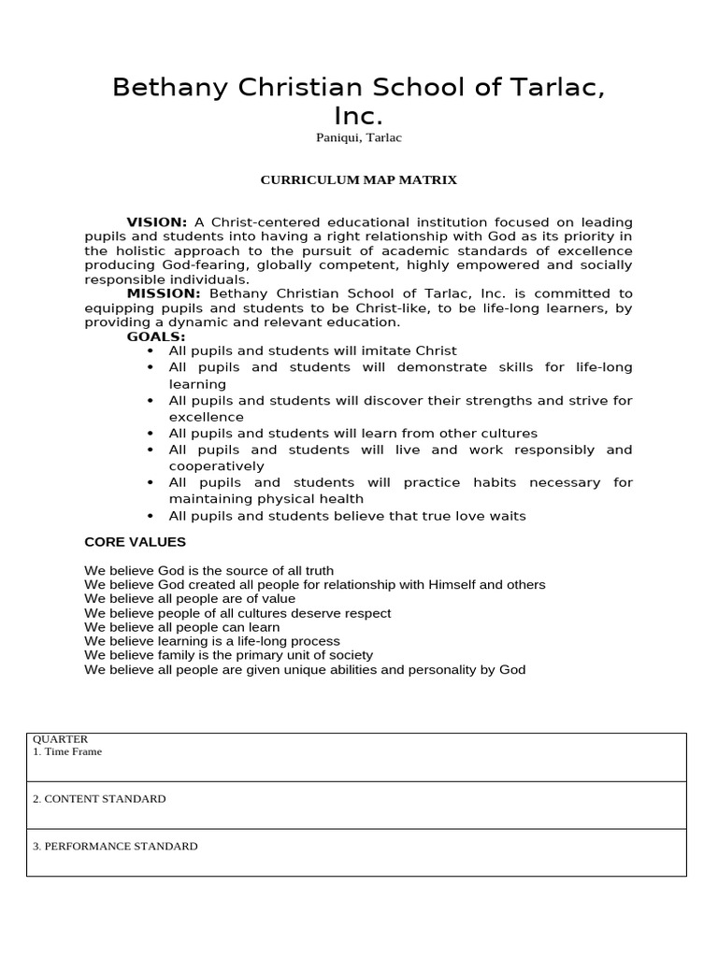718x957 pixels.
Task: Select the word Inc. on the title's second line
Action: click(x=358, y=117)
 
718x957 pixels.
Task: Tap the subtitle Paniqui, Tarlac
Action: click(x=358, y=138)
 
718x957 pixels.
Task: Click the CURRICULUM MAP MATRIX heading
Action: click(x=358, y=179)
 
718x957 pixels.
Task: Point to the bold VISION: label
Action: click(x=157, y=221)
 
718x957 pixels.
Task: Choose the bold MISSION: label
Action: click(x=164, y=293)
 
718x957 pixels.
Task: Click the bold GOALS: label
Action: click(x=156, y=336)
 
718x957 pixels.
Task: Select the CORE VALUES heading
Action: click(x=135, y=542)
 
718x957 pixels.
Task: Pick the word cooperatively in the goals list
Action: click(x=216, y=466)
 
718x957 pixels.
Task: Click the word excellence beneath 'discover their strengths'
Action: click(x=206, y=417)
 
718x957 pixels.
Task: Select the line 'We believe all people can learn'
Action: click(x=181, y=627)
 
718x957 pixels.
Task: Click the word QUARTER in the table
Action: click(x=60, y=739)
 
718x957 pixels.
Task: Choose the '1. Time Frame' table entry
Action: click(x=67, y=751)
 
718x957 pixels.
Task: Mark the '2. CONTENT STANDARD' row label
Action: click(x=99, y=799)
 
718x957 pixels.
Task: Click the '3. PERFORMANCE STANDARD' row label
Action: click(x=115, y=847)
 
